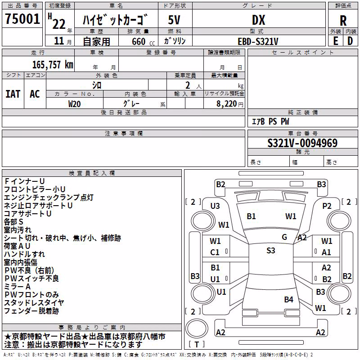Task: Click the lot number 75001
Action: (x=22, y=19)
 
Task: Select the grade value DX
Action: (x=258, y=20)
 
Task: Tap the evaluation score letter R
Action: (x=343, y=21)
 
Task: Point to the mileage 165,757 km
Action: (x=53, y=65)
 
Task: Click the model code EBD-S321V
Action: (x=258, y=41)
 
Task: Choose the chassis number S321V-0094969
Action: (x=302, y=143)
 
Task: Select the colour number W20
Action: (x=74, y=104)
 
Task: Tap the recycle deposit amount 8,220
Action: (x=226, y=104)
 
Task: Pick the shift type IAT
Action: (x=13, y=94)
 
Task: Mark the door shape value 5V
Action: (x=174, y=20)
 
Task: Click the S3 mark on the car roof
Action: (x=271, y=251)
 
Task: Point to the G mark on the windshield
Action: (x=284, y=237)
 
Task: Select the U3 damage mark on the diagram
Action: (x=215, y=206)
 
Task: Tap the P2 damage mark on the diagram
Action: (x=327, y=206)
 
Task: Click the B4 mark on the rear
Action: (x=288, y=300)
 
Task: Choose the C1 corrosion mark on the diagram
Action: (x=215, y=252)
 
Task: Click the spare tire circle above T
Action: (x=197, y=328)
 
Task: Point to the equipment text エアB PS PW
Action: (x=270, y=121)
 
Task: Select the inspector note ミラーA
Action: (x=18, y=287)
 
